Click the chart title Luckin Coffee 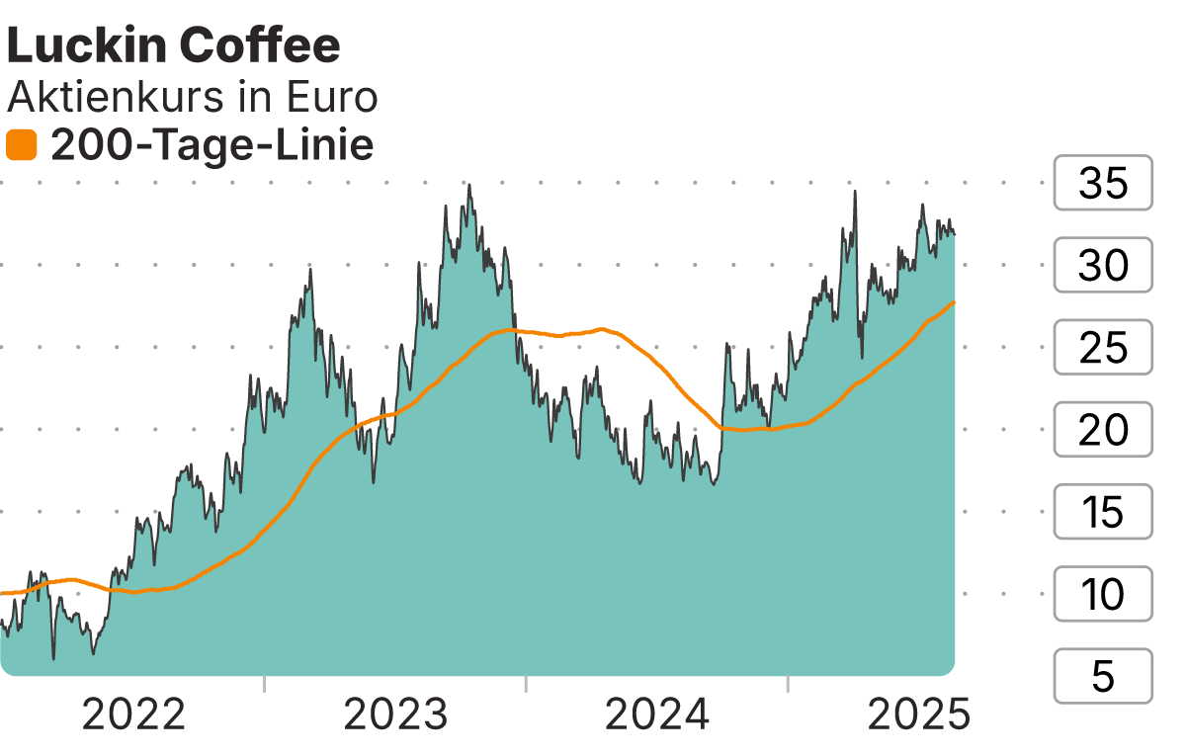[x=174, y=45]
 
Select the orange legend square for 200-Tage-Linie [x=21, y=146]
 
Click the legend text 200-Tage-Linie [x=212, y=146]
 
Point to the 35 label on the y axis [x=1103, y=184]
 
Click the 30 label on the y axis [x=1103, y=266]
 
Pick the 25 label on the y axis [x=1103, y=348]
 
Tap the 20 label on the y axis [x=1103, y=430]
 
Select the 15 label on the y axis [x=1103, y=512]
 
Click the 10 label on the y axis [x=1103, y=594]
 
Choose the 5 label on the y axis [x=1103, y=676]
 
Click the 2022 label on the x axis [x=133, y=714]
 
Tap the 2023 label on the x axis [x=395, y=714]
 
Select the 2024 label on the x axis [x=657, y=714]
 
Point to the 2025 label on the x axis [x=918, y=714]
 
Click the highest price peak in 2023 [x=468, y=185]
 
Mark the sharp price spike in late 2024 [x=854, y=192]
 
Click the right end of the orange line [x=953, y=302]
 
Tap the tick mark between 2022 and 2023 [x=265, y=684]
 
